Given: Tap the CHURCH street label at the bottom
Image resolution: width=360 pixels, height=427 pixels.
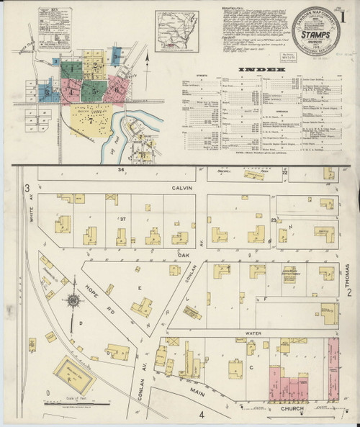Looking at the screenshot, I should (x=292, y=408).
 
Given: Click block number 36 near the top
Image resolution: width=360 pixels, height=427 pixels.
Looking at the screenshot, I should (x=122, y=170).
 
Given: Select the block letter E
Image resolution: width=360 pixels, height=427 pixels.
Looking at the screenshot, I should (x=138, y=286).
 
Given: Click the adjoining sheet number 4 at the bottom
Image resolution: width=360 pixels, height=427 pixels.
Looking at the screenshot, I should (x=202, y=415).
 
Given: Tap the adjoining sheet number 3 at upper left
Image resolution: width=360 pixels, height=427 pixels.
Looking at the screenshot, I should (x=27, y=189).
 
